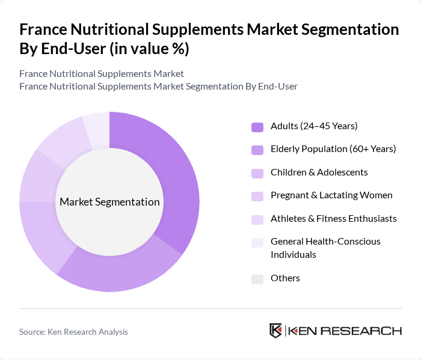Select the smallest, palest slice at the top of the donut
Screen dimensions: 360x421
point(97,128)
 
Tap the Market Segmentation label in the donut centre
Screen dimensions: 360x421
point(109,202)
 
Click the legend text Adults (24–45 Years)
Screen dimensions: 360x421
point(314,126)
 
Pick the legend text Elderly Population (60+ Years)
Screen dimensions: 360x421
point(333,148)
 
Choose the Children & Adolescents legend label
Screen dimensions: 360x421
point(319,172)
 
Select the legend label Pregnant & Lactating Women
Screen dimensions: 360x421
point(331,195)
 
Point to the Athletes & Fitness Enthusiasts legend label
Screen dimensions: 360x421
point(333,218)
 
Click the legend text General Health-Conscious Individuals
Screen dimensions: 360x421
point(325,248)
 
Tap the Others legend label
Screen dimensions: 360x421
point(285,278)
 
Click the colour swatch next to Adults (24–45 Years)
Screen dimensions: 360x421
point(257,127)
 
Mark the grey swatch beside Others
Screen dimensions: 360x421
point(257,279)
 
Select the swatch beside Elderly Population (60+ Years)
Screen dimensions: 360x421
point(257,150)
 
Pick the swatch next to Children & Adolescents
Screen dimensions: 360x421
point(257,173)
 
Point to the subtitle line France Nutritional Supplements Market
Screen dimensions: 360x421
point(102,74)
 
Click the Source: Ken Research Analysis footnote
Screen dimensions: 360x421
point(73,332)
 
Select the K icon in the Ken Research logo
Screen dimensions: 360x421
point(276,331)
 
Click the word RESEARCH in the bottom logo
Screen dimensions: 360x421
point(368,331)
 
